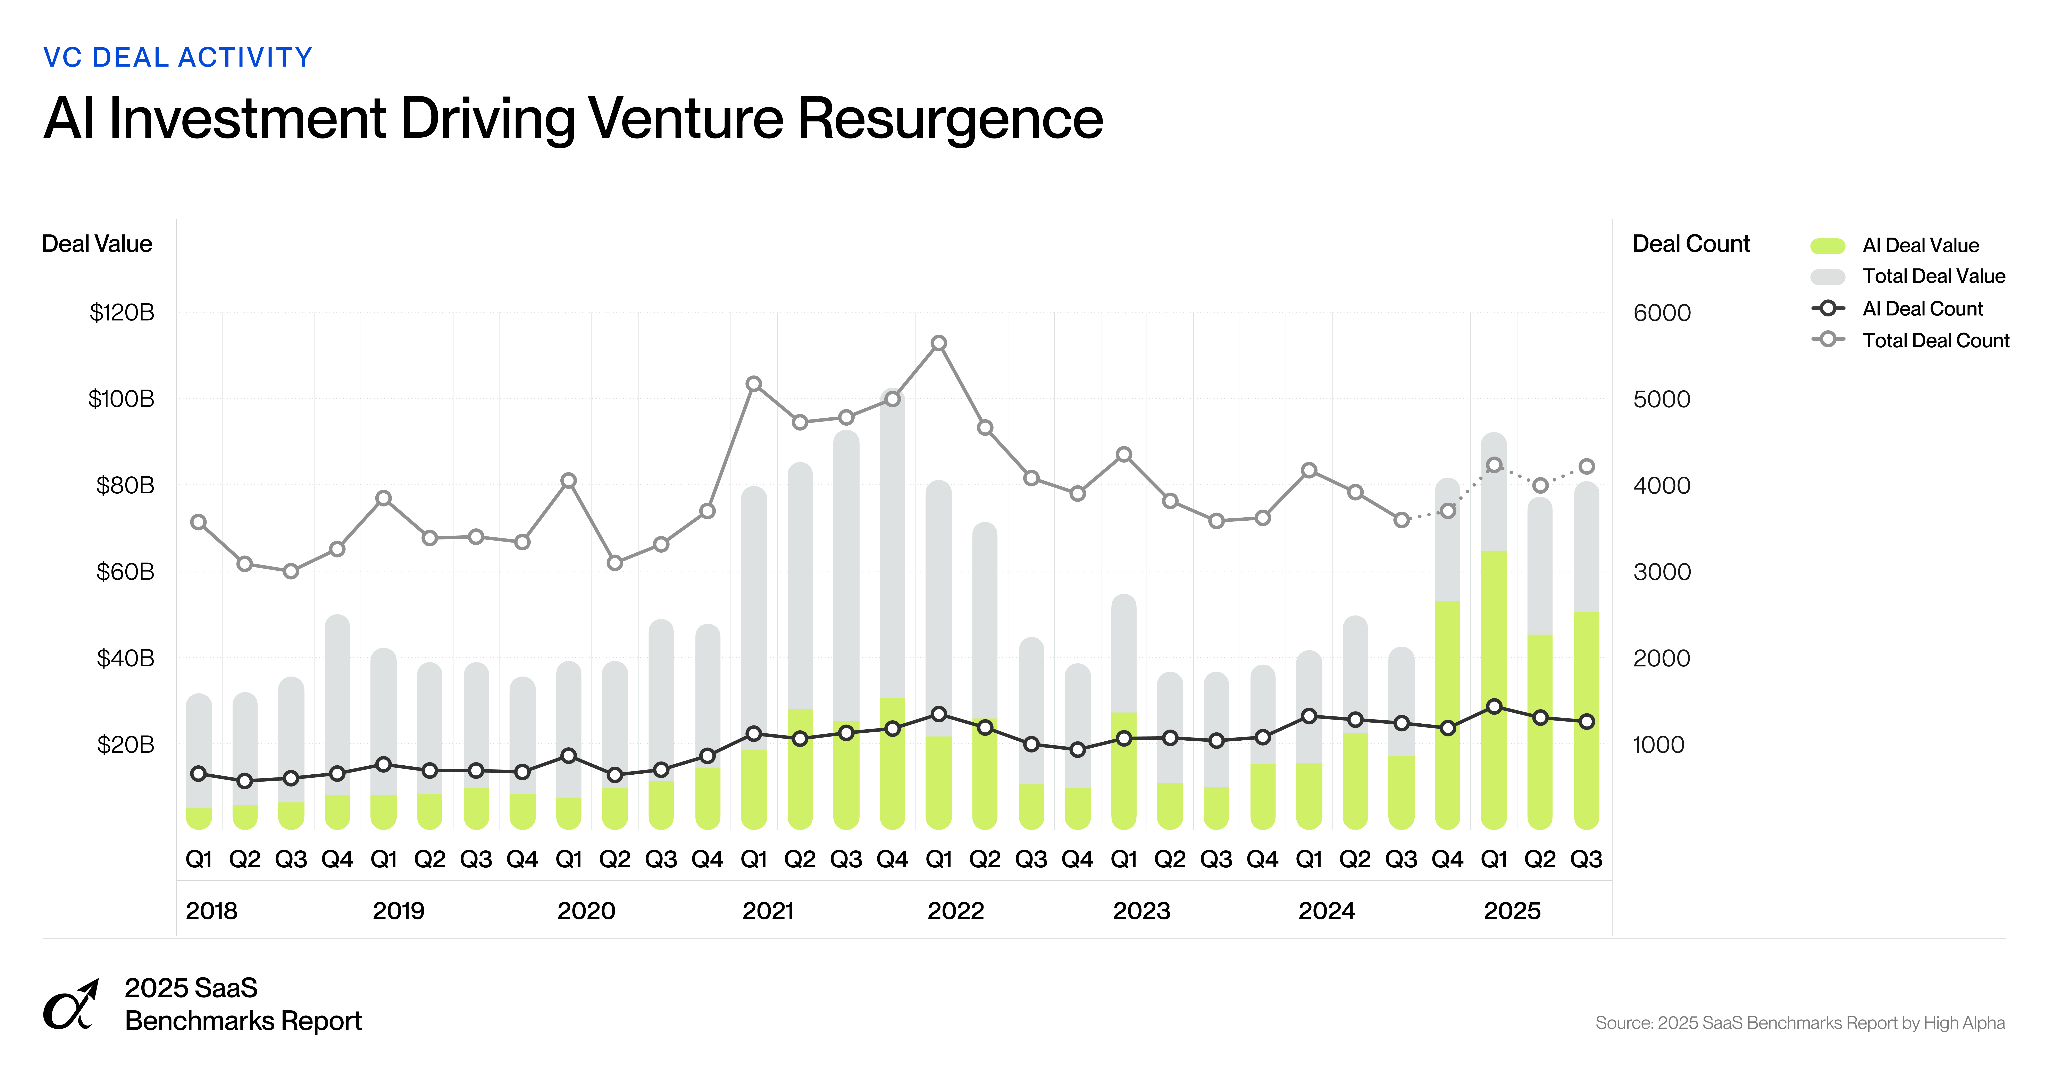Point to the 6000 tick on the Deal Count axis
tap(1662, 313)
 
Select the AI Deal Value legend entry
tap(1919, 245)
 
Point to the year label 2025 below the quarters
tap(1511, 911)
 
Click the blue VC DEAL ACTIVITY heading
tap(177, 57)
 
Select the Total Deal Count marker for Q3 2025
tap(1586, 467)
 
